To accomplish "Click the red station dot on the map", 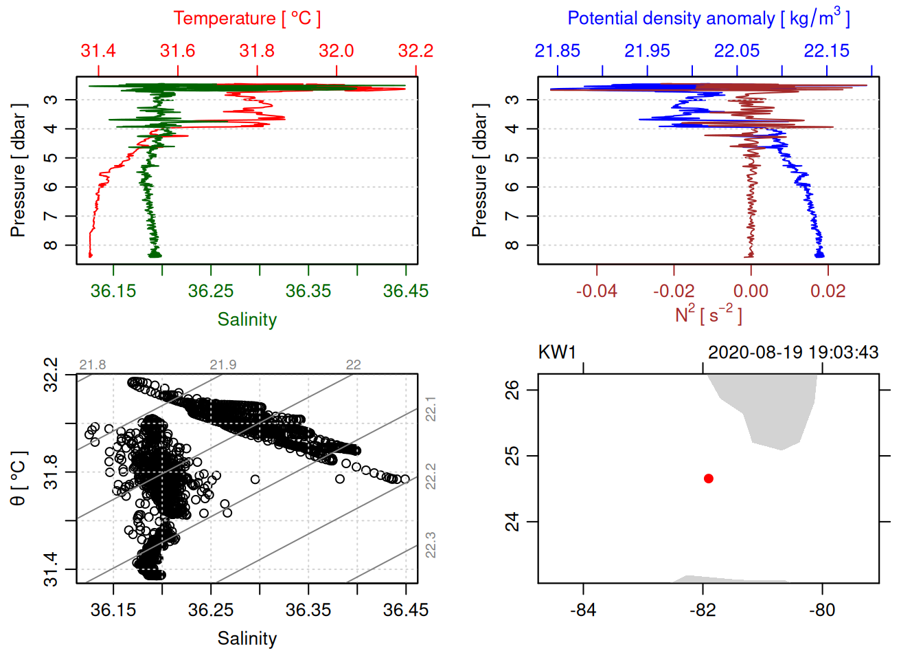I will tap(709, 478).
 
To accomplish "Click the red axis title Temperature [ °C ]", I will tap(247, 19).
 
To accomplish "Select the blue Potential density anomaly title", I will tap(708, 19).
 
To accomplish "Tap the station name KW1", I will tap(557, 353).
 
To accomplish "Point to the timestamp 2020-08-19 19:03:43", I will tap(793, 353).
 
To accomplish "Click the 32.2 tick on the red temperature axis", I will tap(415, 52).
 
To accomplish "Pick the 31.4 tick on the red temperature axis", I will tap(98, 52).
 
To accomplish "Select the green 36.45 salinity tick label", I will tap(405, 291).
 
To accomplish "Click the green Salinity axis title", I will tap(247, 320).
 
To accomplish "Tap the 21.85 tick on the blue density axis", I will tap(558, 52).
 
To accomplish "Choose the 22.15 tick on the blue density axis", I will tap(827, 52).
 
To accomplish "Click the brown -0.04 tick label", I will tap(596, 291).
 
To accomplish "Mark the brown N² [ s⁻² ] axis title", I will tap(708, 315).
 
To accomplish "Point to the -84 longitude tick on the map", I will tap(583, 610).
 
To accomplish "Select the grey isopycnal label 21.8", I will tap(93, 365).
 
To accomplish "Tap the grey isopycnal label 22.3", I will tap(431, 544).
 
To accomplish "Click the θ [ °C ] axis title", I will tap(19, 478).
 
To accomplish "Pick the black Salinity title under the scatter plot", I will tap(247, 639).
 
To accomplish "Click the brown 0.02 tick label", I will tap(828, 291).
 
